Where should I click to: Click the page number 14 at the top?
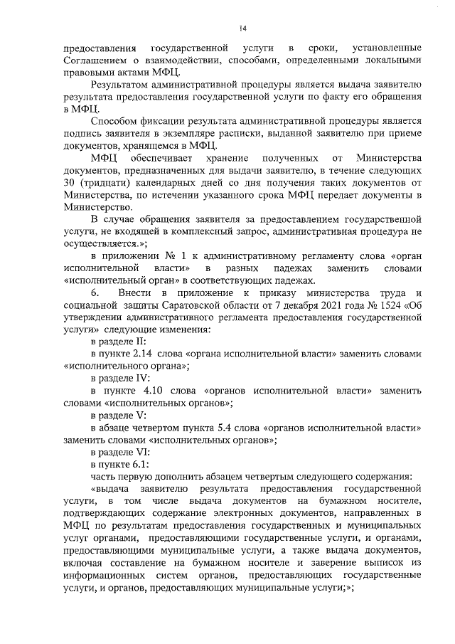click(242, 28)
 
